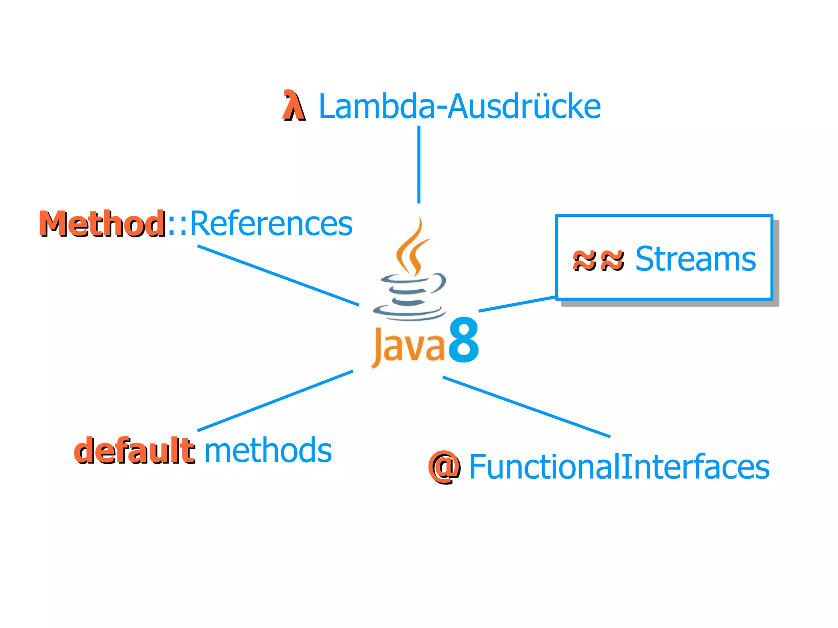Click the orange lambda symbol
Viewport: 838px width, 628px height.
click(293, 106)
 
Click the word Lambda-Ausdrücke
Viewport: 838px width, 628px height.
click(459, 106)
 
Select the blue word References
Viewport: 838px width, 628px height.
click(271, 224)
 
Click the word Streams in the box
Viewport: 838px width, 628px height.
click(695, 259)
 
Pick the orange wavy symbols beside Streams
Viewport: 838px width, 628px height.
click(598, 260)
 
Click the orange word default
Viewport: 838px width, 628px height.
click(134, 450)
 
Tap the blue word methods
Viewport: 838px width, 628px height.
click(268, 450)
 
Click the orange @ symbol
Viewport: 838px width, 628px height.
click(444, 467)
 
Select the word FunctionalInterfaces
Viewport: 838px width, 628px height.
click(619, 467)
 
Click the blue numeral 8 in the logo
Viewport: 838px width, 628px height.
click(464, 340)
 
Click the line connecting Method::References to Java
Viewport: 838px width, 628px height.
click(278, 275)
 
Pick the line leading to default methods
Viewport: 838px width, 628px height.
click(275, 401)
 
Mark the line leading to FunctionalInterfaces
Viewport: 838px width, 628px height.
click(526, 407)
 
